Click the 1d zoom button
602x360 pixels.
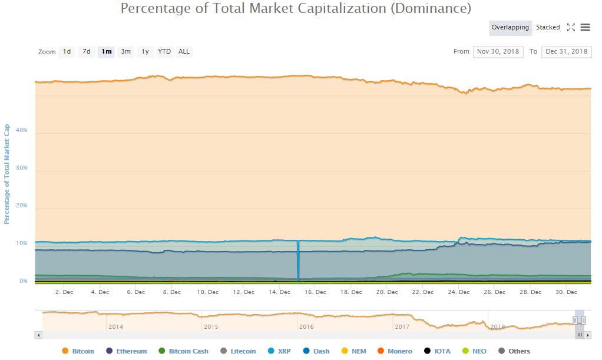(67, 51)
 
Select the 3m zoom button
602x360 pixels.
(126, 51)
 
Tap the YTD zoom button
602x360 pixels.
(164, 51)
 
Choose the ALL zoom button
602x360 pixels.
(184, 51)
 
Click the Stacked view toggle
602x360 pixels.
(548, 27)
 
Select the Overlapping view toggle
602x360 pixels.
(510, 27)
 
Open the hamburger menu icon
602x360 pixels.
(585, 27)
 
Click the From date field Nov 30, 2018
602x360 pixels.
(498, 51)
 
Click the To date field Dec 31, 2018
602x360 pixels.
(566, 51)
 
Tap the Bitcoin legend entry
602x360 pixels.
(82, 351)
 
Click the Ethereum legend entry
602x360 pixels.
(131, 351)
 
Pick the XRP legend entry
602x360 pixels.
(284, 351)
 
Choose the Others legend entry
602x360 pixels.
(519, 351)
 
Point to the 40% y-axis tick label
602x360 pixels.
(22, 130)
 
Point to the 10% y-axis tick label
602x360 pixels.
(22, 243)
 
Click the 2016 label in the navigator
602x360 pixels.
(306, 326)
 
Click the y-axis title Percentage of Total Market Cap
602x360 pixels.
(7, 174)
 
